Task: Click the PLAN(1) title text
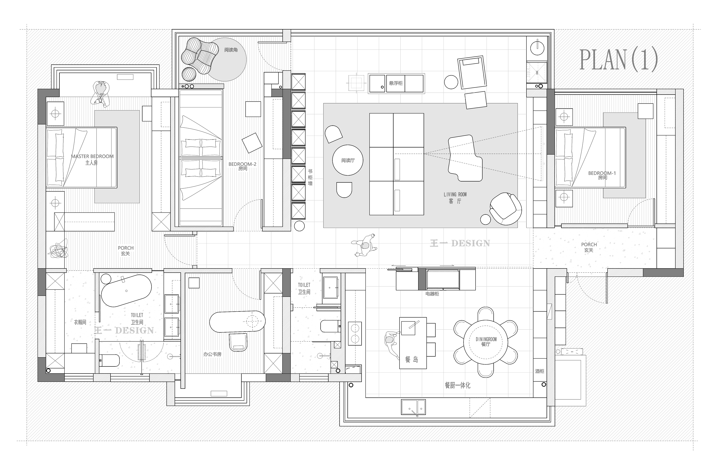coord(618,60)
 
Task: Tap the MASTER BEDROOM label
coord(92,156)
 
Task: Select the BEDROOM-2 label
coord(242,164)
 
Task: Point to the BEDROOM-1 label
coord(602,173)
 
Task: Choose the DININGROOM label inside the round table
coord(486,339)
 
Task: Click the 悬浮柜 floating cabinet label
coord(396,83)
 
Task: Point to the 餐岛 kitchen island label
coord(412,360)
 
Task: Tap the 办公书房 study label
coord(212,354)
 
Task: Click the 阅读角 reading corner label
coord(231,50)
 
